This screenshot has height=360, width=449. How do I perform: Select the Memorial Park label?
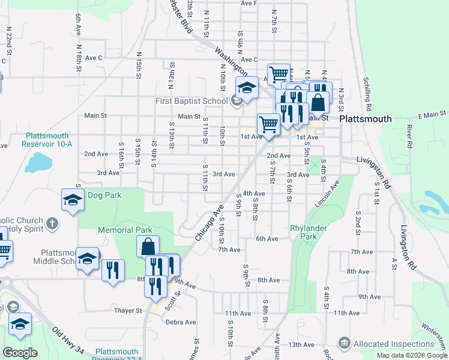[x=125, y=230]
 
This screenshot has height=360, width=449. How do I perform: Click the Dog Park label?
[x=104, y=195]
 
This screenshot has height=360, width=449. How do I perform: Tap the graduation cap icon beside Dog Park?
[x=72, y=200]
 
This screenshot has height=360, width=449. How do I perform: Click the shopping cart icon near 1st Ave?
[x=268, y=125]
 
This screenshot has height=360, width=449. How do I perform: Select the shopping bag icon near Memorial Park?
[x=147, y=247]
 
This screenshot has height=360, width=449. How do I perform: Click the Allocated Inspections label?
[x=394, y=344]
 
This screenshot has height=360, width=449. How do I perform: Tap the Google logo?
[x=20, y=353]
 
